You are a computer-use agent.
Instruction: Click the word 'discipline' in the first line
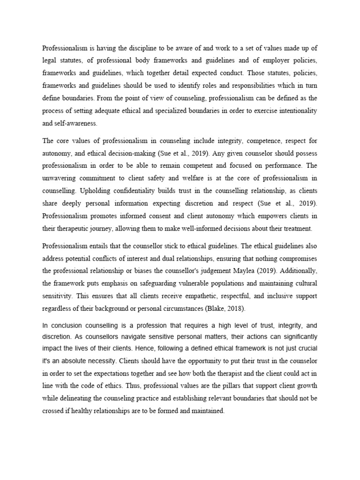[x=133, y=47]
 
